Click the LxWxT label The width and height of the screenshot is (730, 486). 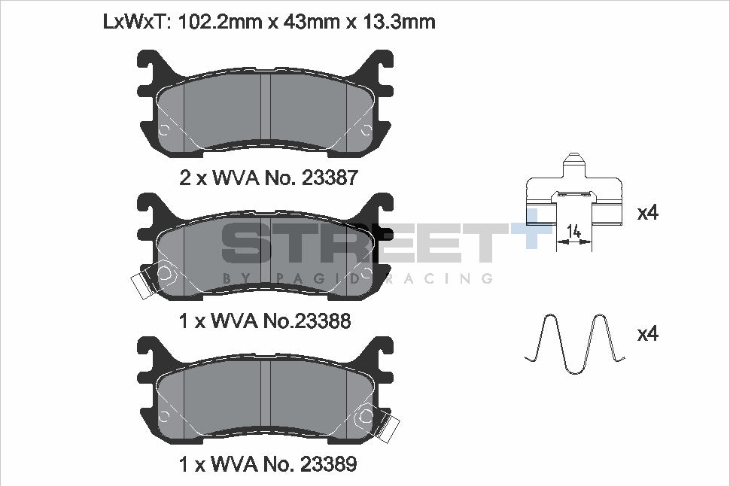pyautogui.click(x=137, y=22)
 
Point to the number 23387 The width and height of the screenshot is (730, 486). pyautogui.click(x=330, y=178)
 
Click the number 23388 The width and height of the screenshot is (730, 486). pyautogui.click(x=322, y=320)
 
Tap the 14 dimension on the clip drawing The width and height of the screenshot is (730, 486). pyautogui.click(x=574, y=230)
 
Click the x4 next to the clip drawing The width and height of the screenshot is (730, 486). pyautogui.click(x=648, y=213)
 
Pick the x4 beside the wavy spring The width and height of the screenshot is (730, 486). pyautogui.click(x=648, y=334)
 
